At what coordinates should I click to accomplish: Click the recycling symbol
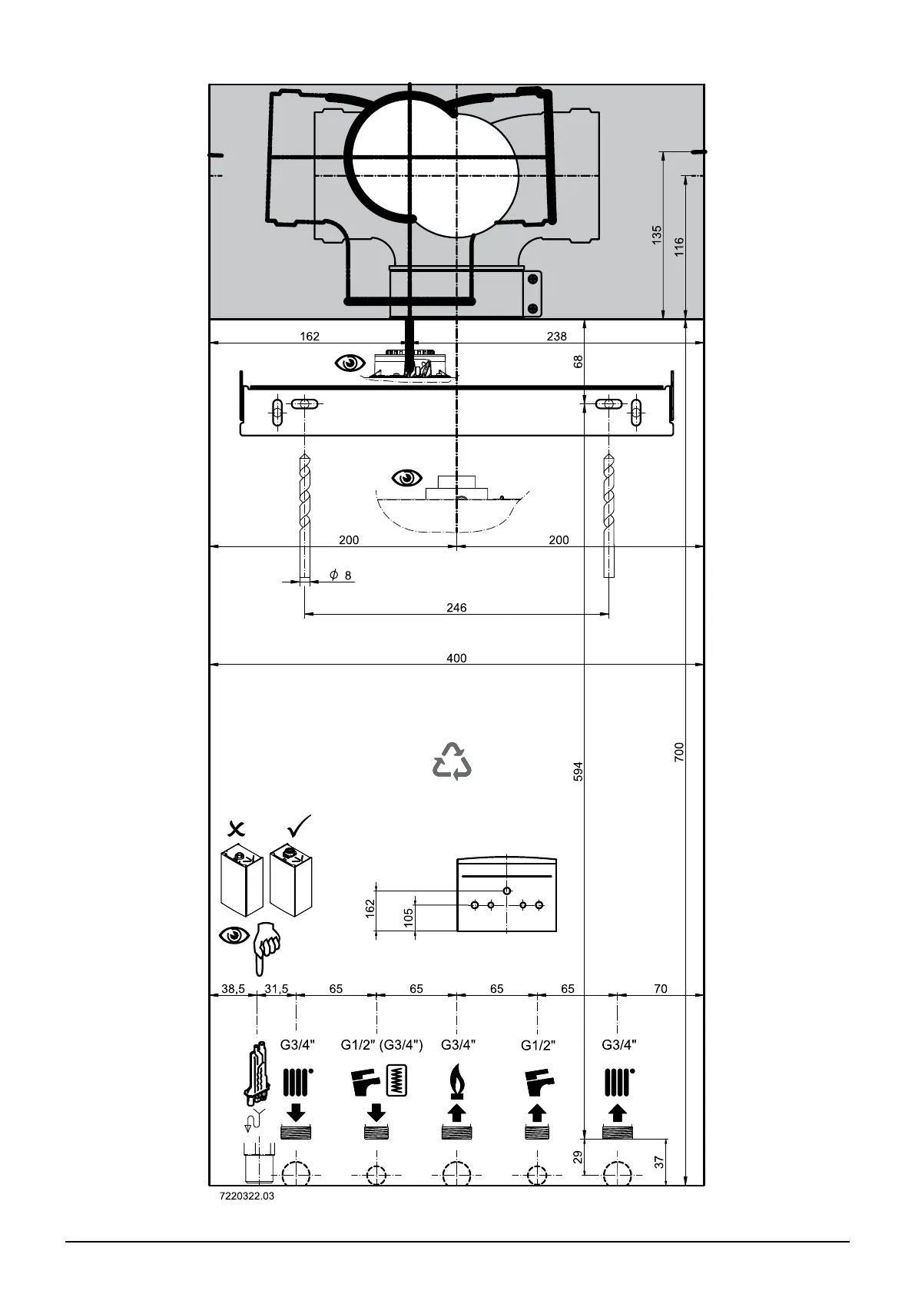click(453, 761)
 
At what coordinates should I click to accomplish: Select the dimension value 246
click(456, 608)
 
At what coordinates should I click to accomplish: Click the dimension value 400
click(456, 659)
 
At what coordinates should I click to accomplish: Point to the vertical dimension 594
click(579, 771)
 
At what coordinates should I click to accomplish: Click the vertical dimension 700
click(679, 752)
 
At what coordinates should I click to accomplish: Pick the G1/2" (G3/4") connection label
click(382, 1045)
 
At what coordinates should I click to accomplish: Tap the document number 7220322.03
click(247, 1196)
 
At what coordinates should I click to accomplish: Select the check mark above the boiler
click(299, 826)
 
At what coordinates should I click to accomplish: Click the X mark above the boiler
click(238, 828)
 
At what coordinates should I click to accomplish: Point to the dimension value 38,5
click(233, 989)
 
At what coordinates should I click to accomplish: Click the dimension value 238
click(556, 337)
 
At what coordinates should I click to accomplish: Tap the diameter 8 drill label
click(340, 576)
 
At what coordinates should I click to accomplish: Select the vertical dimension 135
click(657, 235)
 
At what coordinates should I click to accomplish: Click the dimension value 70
click(661, 989)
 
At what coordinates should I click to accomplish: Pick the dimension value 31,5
click(277, 989)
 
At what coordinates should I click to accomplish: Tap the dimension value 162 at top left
click(310, 337)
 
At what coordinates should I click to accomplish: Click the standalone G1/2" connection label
click(538, 1045)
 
